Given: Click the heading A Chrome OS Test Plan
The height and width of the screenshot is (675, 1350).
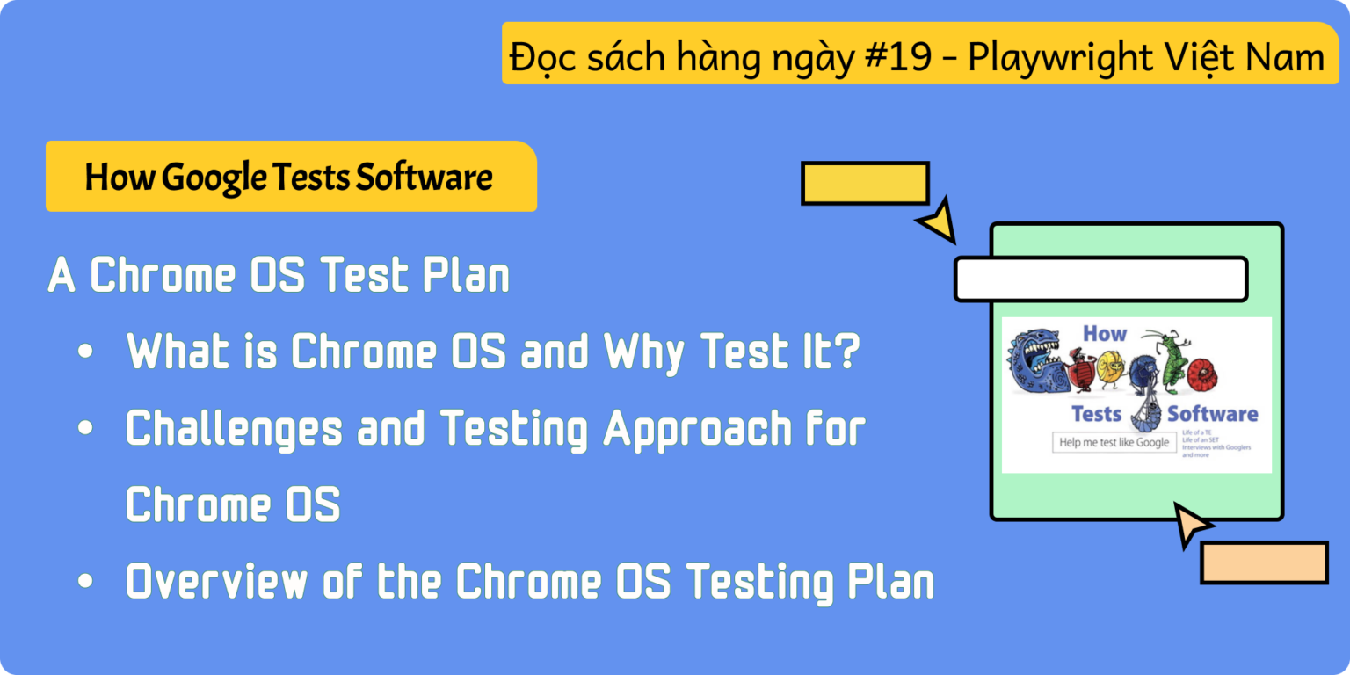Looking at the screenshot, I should pos(279,276).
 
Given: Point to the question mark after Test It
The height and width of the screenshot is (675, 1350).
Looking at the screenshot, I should pos(846,352).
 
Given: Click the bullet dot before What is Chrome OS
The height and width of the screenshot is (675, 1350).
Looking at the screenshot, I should pos(84,352).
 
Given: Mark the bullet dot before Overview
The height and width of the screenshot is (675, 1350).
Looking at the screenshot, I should pos(84,582).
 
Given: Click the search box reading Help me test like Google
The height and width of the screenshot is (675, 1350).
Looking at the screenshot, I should pos(1114,442).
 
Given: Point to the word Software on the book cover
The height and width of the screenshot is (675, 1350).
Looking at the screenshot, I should pos(1213,413).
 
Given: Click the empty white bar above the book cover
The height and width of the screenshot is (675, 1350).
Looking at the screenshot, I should pos(1100,279).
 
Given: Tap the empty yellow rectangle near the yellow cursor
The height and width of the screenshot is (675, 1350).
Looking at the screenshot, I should pos(865,183).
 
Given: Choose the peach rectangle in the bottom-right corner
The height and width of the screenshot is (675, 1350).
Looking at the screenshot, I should pos(1264,562).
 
